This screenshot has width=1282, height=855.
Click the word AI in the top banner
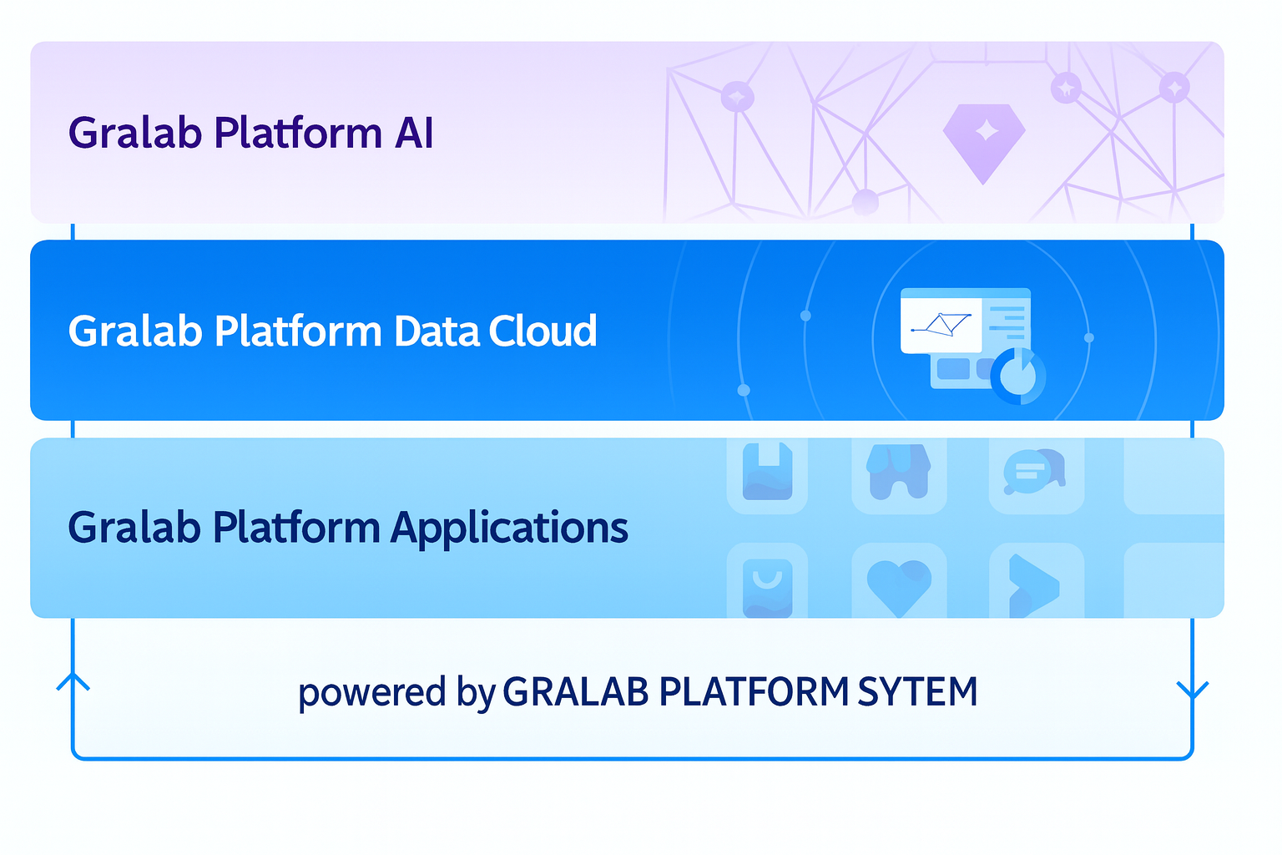pyautogui.click(x=414, y=134)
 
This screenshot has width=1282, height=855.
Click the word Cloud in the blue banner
pyautogui.click(x=543, y=331)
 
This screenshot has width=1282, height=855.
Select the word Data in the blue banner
pyautogui.click(x=436, y=331)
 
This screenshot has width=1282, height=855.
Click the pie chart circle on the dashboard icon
pyautogui.click(x=1017, y=377)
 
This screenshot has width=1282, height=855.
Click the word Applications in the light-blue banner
pyautogui.click(x=509, y=529)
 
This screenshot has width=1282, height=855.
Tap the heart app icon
pyautogui.click(x=899, y=584)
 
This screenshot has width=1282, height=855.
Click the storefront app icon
pyautogui.click(x=899, y=472)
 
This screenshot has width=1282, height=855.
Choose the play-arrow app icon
pyautogui.click(x=1033, y=585)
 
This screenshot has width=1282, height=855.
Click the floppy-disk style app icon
pyautogui.click(x=767, y=472)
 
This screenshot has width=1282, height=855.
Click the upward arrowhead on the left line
pyautogui.click(x=73, y=681)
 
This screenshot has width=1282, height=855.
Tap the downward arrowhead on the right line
pyautogui.click(x=1192, y=691)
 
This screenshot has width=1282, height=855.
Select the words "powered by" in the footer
pyautogui.click(x=397, y=693)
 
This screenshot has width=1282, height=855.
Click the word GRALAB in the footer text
pyautogui.click(x=576, y=692)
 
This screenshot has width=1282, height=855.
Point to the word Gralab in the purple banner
pyautogui.click(x=134, y=134)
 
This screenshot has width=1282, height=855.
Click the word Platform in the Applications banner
pyautogui.click(x=297, y=529)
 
